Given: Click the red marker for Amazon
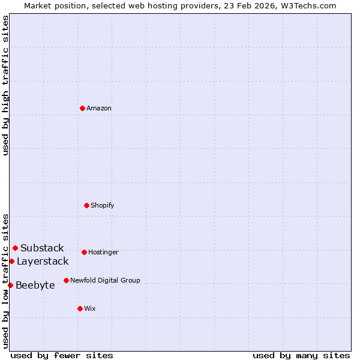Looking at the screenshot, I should pos(82,108).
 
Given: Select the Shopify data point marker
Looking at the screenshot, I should pos(86,205).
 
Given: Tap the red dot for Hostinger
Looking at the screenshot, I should pos(84,252).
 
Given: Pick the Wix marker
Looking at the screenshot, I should pos(80,308).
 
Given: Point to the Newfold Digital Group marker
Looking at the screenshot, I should pos(66,280).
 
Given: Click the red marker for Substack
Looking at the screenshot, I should pos(15,248).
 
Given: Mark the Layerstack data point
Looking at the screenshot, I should pos(11,261).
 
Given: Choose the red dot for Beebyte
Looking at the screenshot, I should pos(10,285).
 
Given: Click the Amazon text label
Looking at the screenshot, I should pos(99,109).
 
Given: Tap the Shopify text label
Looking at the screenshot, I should pos(103,206).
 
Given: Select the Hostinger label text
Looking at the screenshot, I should pos(103,253).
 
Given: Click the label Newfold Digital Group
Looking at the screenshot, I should pos(105,281).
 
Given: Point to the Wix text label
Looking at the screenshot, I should pos(90,309).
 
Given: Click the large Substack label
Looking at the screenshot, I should pos(42,248).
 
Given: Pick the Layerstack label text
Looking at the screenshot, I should pos(43,262).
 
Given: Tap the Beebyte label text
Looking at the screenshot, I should pos(35,286).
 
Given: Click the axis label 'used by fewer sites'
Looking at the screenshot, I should pos(62,355).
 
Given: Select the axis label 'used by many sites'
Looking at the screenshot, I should pos(301,355).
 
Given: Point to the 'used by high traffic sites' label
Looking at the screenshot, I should pos(5,85).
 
